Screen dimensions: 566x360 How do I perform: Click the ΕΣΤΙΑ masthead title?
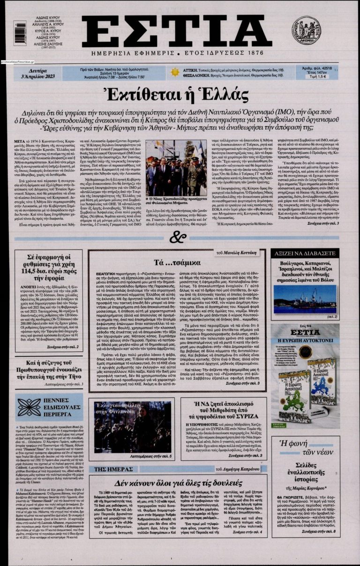click(177, 31)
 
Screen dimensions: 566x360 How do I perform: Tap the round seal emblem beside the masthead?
click(306, 30)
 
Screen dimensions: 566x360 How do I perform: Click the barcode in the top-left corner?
click(20, 33)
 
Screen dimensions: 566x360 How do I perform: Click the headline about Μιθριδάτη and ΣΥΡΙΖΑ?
click(222, 410)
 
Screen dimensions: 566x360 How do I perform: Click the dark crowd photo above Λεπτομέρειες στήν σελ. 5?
click(133, 426)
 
